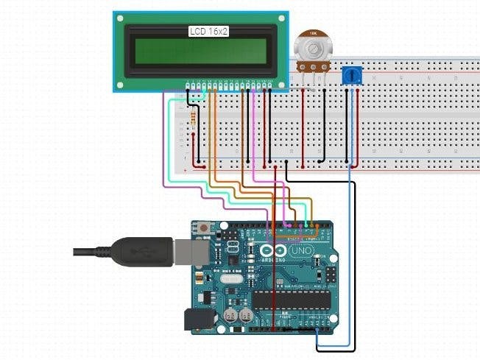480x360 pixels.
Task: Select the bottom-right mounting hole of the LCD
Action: (x=283, y=85)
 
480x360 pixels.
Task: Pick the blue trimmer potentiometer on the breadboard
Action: (x=352, y=75)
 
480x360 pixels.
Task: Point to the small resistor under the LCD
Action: (x=193, y=119)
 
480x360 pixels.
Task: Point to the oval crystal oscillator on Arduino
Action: (x=229, y=278)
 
